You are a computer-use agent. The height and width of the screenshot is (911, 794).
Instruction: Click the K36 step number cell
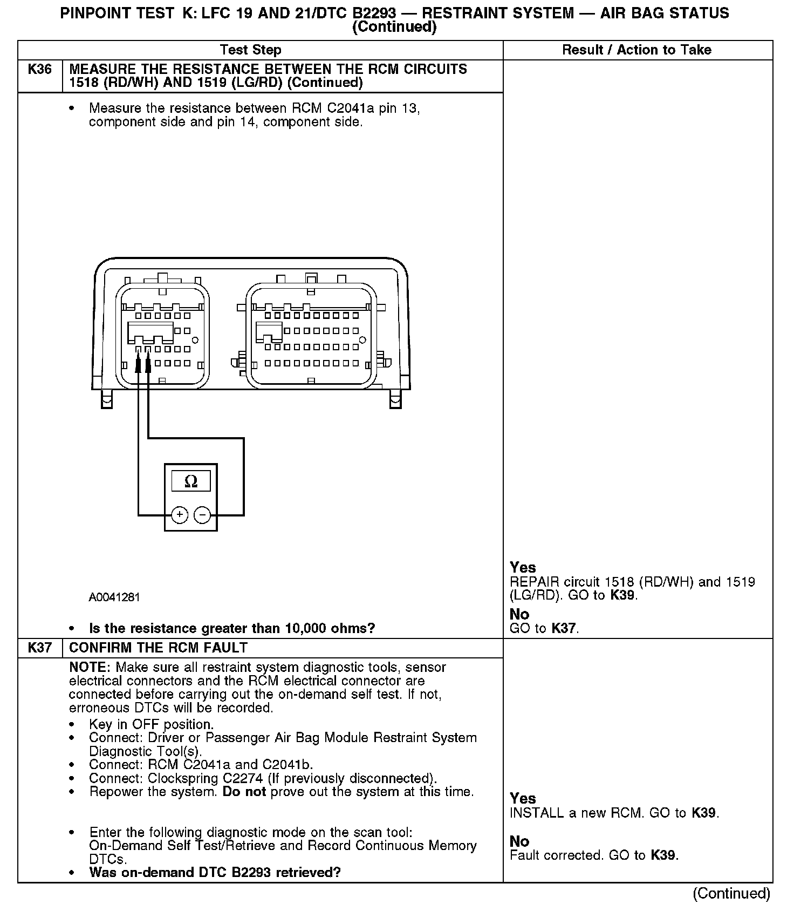click(x=40, y=70)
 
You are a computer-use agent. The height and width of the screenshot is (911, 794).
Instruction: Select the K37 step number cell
click(x=40, y=648)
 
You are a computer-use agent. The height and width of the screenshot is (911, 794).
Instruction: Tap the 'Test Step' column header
click(x=251, y=50)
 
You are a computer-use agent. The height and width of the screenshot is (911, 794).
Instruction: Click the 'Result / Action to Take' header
click(x=636, y=50)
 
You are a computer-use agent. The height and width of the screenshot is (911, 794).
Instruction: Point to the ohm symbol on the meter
click(x=191, y=481)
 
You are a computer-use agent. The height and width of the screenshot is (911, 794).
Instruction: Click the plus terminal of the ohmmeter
click(x=180, y=515)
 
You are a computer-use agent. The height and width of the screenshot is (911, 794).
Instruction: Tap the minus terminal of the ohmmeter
click(x=202, y=515)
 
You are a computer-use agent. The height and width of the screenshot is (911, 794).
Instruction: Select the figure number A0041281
click(x=114, y=597)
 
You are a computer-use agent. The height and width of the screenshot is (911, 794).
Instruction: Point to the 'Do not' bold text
click(x=244, y=792)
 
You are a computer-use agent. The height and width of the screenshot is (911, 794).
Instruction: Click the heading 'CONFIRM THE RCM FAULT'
click(x=159, y=648)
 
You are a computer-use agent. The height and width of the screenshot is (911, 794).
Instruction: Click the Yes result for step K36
click(x=523, y=568)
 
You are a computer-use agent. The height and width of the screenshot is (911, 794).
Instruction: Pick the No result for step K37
click(x=519, y=841)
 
